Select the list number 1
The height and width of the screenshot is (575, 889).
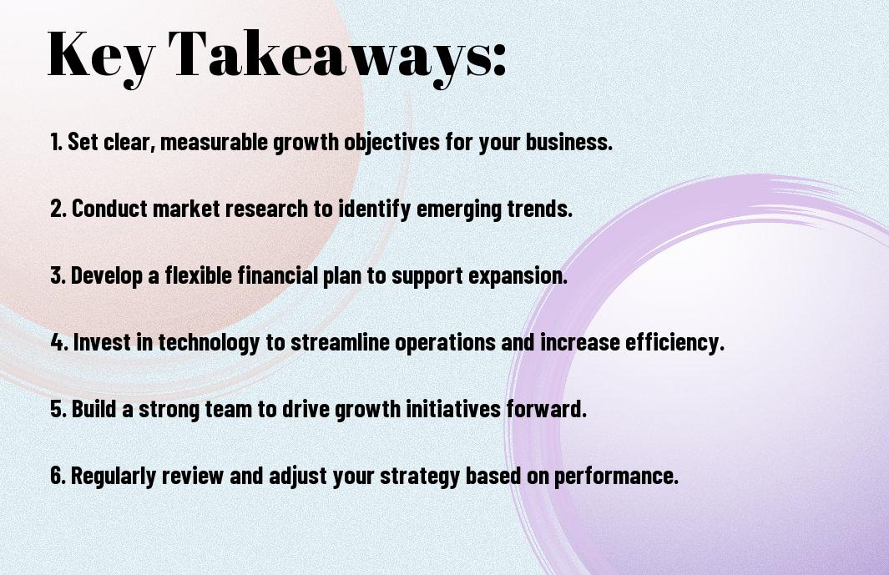[56, 142]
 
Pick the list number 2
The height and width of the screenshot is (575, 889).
[58, 209]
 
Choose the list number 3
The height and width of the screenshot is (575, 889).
[58, 275]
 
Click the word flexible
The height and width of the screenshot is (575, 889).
[199, 275]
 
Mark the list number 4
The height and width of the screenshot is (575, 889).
[59, 342]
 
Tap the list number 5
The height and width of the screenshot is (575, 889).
[58, 410]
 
